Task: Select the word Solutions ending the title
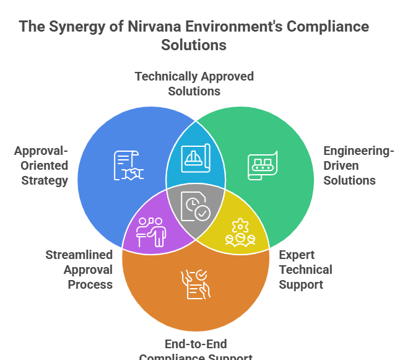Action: (x=194, y=45)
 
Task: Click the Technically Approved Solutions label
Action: (x=194, y=83)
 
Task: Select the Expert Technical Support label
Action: (x=305, y=270)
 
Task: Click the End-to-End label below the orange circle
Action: (x=196, y=343)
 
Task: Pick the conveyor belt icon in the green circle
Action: (x=262, y=166)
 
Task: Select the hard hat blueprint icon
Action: (x=196, y=157)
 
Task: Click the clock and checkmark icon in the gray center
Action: (x=196, y=206)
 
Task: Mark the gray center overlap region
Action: (x=196, y=214)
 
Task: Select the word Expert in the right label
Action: (x=297, y=255)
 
